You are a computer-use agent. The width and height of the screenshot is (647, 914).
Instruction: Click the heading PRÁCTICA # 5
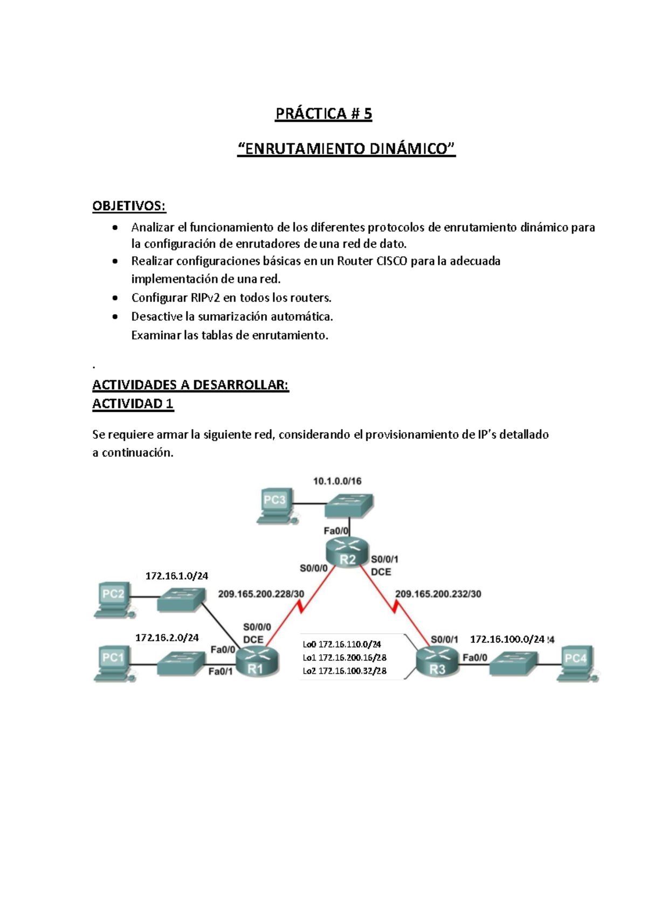pyautogui.click(x=323, y=114)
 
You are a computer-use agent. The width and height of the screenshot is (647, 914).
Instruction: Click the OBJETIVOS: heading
pyautogui.click(x=129, y=206)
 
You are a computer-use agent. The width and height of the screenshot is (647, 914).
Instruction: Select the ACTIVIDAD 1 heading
pyautogui.click(x=133, y=404)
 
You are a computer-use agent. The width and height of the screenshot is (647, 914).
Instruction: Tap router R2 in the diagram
pyautogui.click(x=347, y=553)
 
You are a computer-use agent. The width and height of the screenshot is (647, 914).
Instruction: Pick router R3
pyautogui.click(x=437, y=662)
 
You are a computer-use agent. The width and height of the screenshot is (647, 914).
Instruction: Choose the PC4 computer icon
pyautogui.click(x=576, y=663)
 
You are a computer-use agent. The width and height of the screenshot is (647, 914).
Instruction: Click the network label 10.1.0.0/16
pyautogui.click(x=337, y=481)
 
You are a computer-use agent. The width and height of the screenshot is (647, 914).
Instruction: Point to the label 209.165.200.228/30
pyautogui.click(x=261, y=594)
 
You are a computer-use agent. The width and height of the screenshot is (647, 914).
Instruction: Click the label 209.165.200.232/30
pyautogui.click(x=438, y=594)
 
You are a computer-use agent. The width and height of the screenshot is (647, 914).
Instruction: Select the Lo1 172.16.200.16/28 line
pyautogui.click(x=344, y=657)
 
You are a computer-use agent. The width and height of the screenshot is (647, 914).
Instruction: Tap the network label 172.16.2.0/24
pyautogui.click(x=167, y=638)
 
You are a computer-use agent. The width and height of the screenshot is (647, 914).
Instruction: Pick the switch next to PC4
pyautogui.click(x=513, y=663)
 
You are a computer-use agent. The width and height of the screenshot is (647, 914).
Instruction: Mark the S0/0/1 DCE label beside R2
pyautogui.click(x=384, y=565)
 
